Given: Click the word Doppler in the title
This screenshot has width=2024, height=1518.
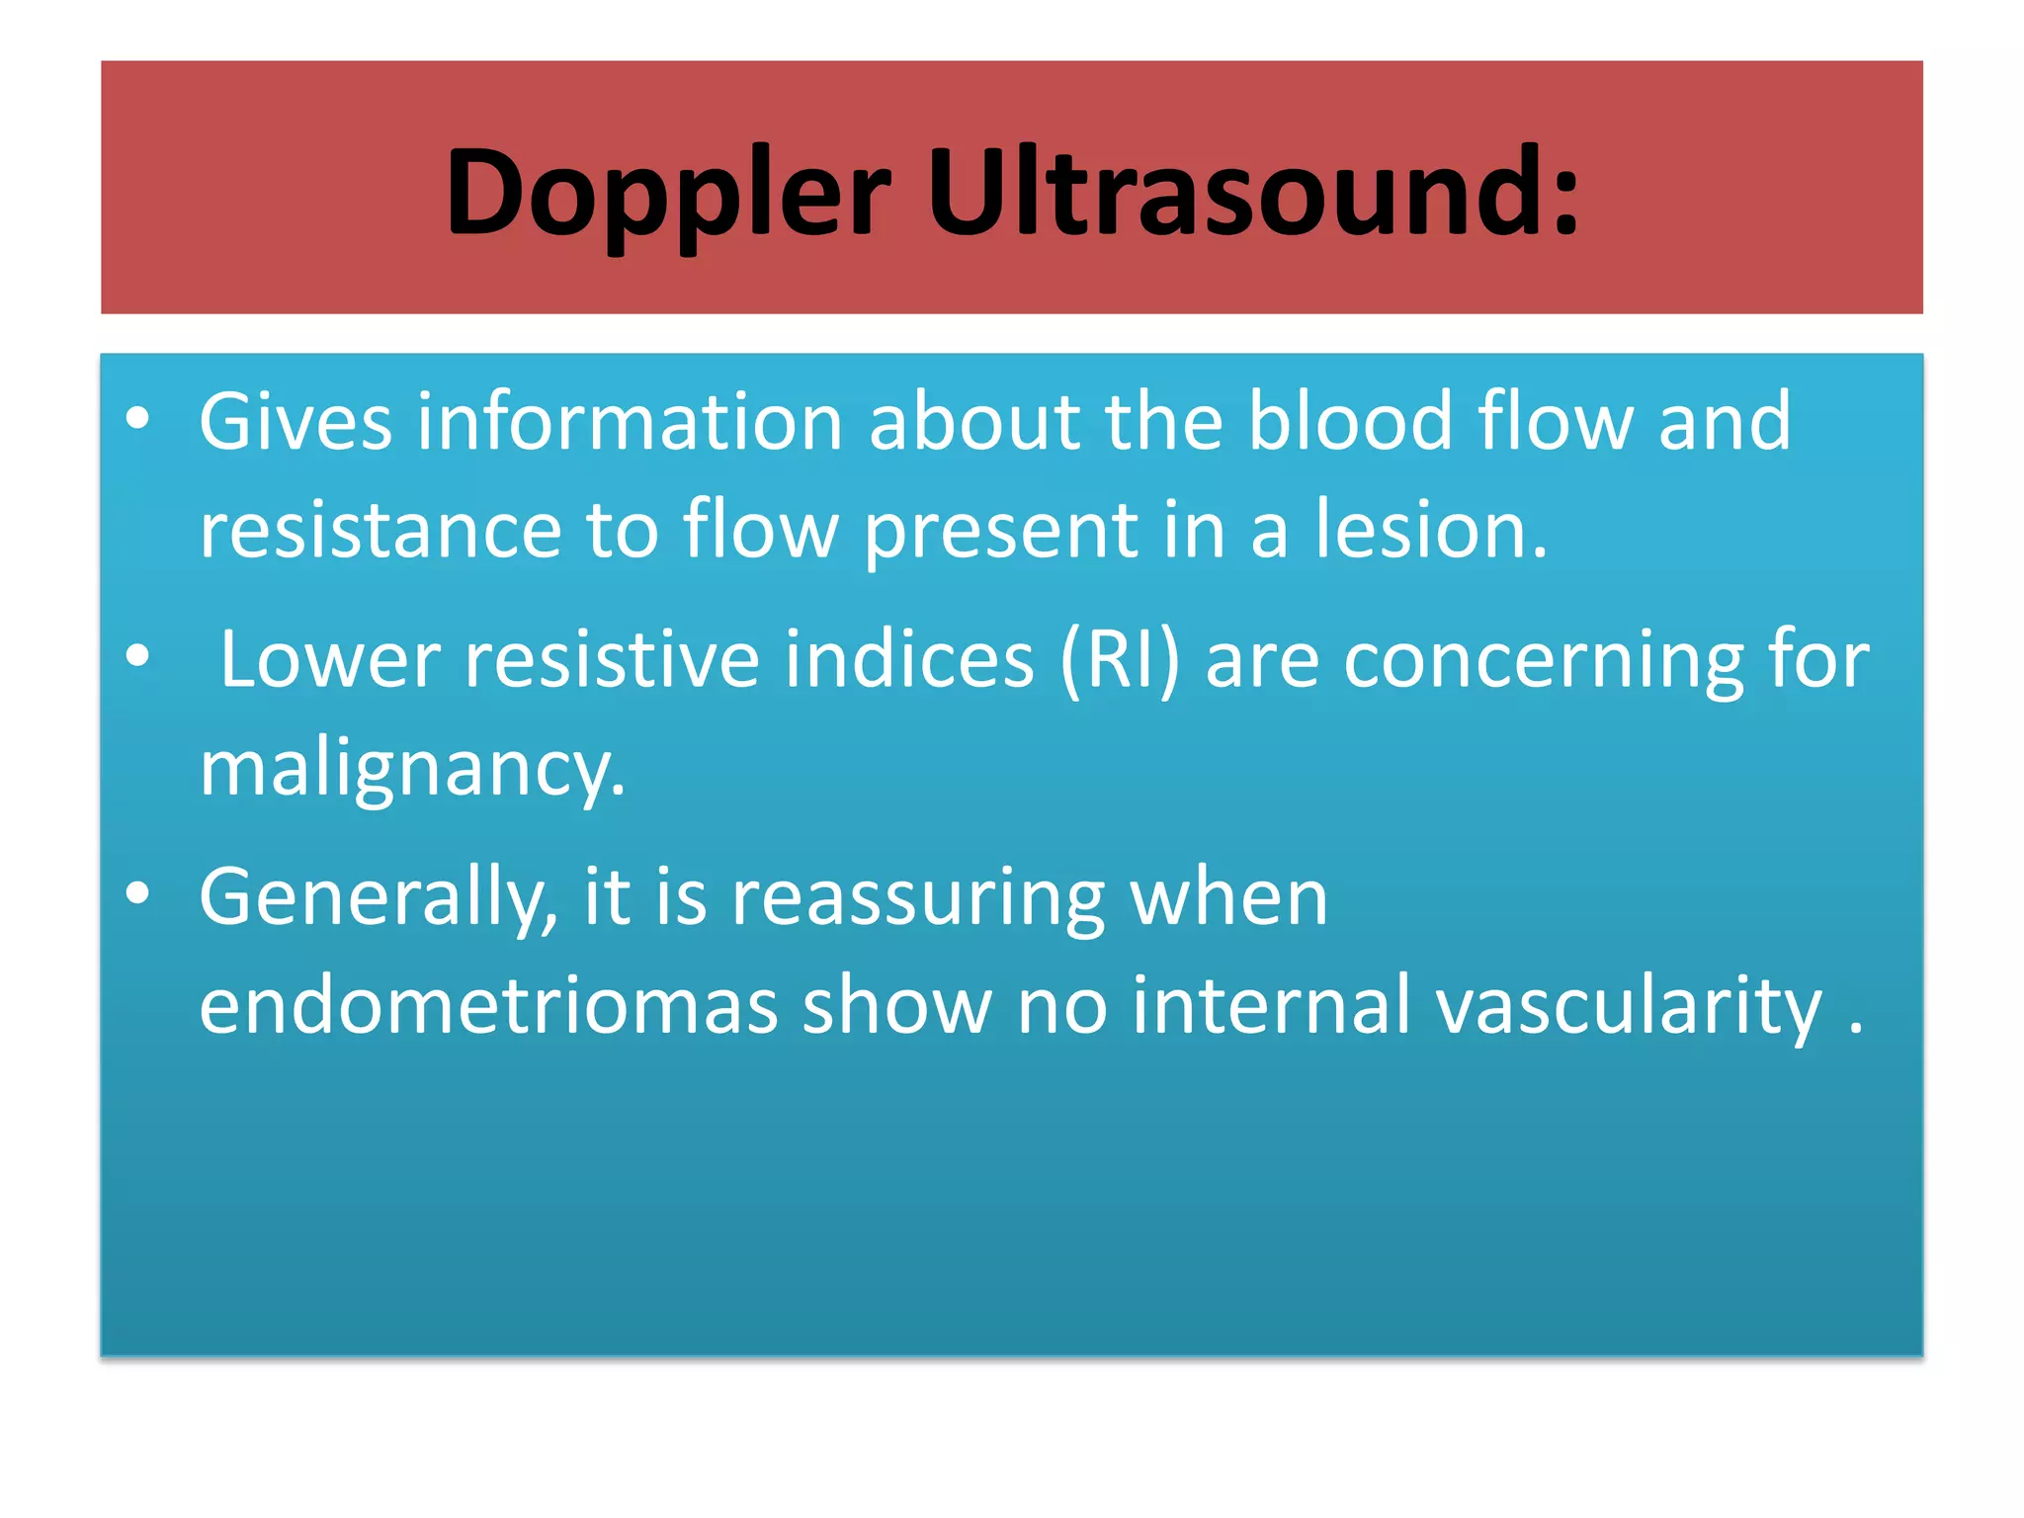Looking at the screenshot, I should pyautogui.click(x=668, y=194).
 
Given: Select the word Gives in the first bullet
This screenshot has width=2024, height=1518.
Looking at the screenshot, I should pyautogui.click(x=295, y=422).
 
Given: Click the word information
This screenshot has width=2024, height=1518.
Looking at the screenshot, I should pyautogui.click(x=629, y=422).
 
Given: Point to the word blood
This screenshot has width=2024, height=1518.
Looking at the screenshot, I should pyautogui.click(x=1350, y=422).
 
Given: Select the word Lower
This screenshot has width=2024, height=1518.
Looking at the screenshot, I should pyautogui.click(x=329, y=659).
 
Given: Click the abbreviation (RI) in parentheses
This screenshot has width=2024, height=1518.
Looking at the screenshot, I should pyautogui.click(x=1120, y=659).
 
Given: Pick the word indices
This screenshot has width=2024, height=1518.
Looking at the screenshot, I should pyautogui.click(x=909, y=659).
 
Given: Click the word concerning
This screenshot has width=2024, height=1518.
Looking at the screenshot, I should pyautogui.click(x=1544, y=659).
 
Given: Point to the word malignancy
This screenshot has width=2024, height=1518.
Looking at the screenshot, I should pyautogui.click(x=411, y=770).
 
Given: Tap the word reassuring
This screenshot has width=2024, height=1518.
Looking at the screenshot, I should pyautogui.click(x=918, y=897).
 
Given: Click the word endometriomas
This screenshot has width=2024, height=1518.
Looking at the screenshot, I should pyautogui.click(x=488, y=1005).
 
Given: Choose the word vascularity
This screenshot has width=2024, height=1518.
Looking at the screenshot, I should pyautogui.click(x=1629, y=1005).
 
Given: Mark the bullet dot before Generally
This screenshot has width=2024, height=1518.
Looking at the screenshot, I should pyautogui.click(x=137, y=893).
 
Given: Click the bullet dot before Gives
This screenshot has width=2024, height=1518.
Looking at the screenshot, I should pyautogui.click(x=137, y=419).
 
